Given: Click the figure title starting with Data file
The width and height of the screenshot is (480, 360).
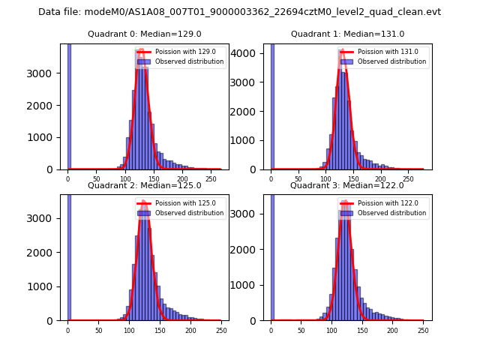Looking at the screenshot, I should (239, 12).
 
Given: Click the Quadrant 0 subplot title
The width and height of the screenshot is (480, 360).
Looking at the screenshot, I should (144, 34).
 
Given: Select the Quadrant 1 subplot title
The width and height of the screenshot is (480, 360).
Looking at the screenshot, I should (347, 34).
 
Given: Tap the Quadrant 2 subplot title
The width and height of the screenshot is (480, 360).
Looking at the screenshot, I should (144, 185).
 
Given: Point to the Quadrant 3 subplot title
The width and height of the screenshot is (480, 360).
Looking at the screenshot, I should (346, 185).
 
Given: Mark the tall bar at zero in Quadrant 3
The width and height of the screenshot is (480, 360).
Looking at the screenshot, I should (272, 255).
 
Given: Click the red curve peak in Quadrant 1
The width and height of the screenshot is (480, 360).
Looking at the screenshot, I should (343, 51).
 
